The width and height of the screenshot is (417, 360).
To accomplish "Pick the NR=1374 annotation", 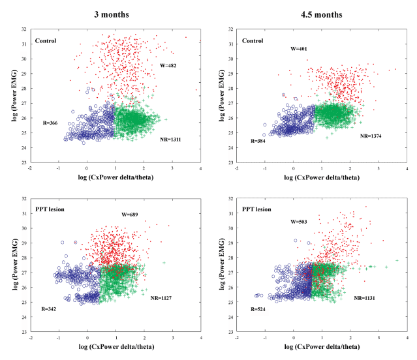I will point(373,136).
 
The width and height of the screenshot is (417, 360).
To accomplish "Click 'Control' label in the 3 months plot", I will point(46,41).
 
